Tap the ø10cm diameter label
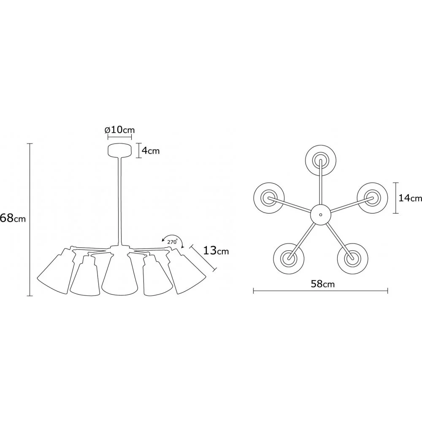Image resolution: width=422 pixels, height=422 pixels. pos(119,130)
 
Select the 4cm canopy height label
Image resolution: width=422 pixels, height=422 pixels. pos(151,151)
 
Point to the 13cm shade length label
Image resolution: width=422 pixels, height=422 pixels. pos(216,251)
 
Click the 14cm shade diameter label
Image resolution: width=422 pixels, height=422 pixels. pos(410,198)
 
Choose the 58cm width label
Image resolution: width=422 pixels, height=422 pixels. pos(323,284)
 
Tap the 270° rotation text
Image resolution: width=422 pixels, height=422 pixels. pos(172,242)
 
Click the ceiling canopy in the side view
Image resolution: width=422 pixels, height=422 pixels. pos(119,151)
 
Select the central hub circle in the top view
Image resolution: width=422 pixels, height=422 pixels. pos(320,214)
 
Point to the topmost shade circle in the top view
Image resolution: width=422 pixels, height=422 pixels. pos(321,161)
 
